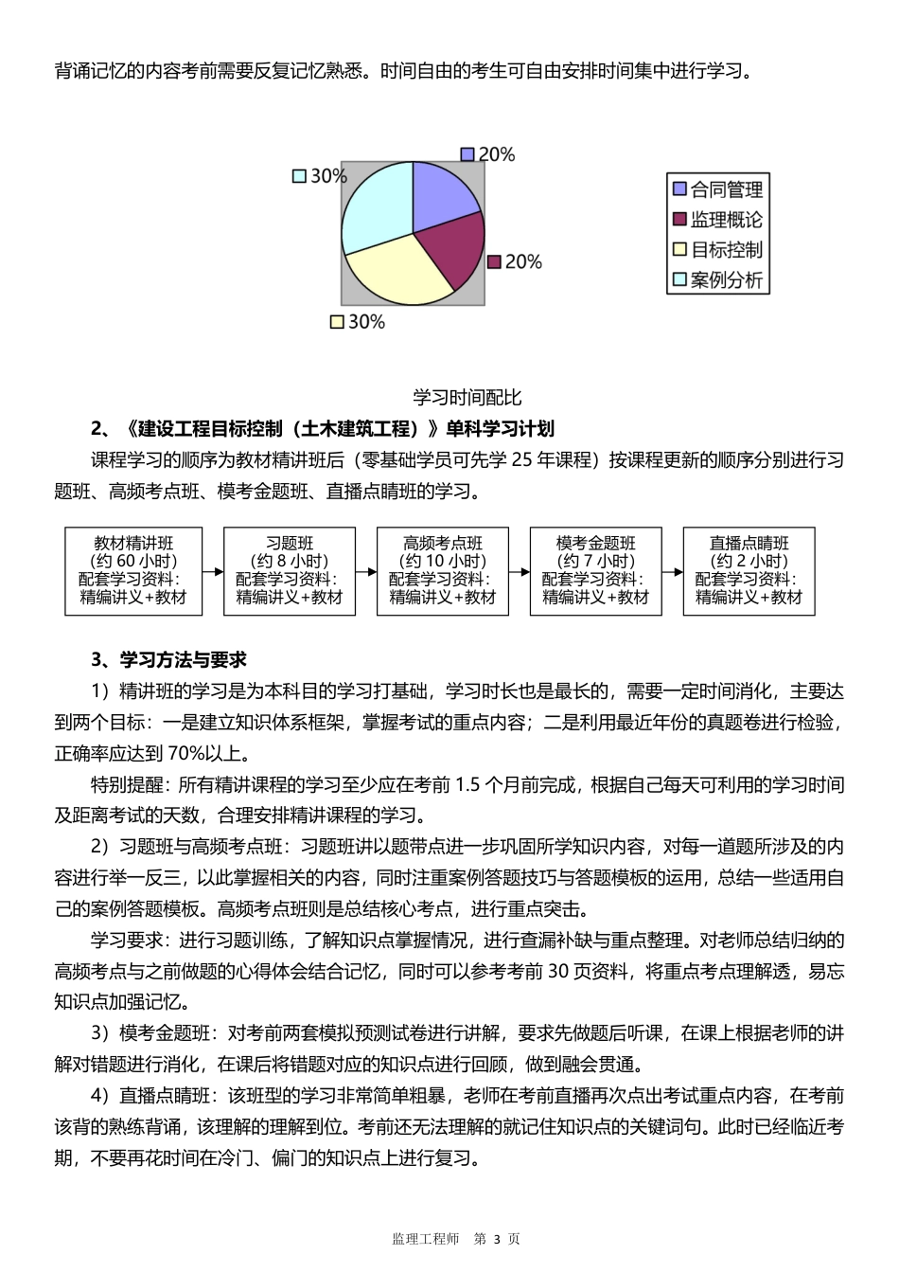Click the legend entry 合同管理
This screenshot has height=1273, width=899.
pyautogui.click(x=716, y=189)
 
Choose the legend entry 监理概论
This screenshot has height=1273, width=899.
pyautogui.click(x=716, y=220)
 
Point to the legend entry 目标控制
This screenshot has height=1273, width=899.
pyautogui.click(x=716, y=250)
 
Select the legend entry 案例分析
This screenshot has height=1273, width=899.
pyautogui.click(x=716, y=280)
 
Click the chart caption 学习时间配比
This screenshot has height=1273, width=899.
pyautogui.click(x=467, y=397)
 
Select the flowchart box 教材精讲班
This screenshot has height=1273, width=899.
pyautogui.click(x=133, y=570)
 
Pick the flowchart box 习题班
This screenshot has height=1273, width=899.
pyautogui.click(x=290, y=570)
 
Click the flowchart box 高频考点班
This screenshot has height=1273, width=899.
pyautogui.click(x=443, y=570)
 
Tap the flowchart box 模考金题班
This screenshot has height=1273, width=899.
pyautogui.click(x=596, y=570)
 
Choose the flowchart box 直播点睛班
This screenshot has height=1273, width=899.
pyautogui.click(x=749, y=570)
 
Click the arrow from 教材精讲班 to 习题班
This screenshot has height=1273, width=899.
pyautogui.click(x=213, y=571)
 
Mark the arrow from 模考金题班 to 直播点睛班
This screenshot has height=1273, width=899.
pyautogui.click(x=672, y=571)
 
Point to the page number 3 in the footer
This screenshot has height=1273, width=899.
pyautogui.click(x=495, y=1239)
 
